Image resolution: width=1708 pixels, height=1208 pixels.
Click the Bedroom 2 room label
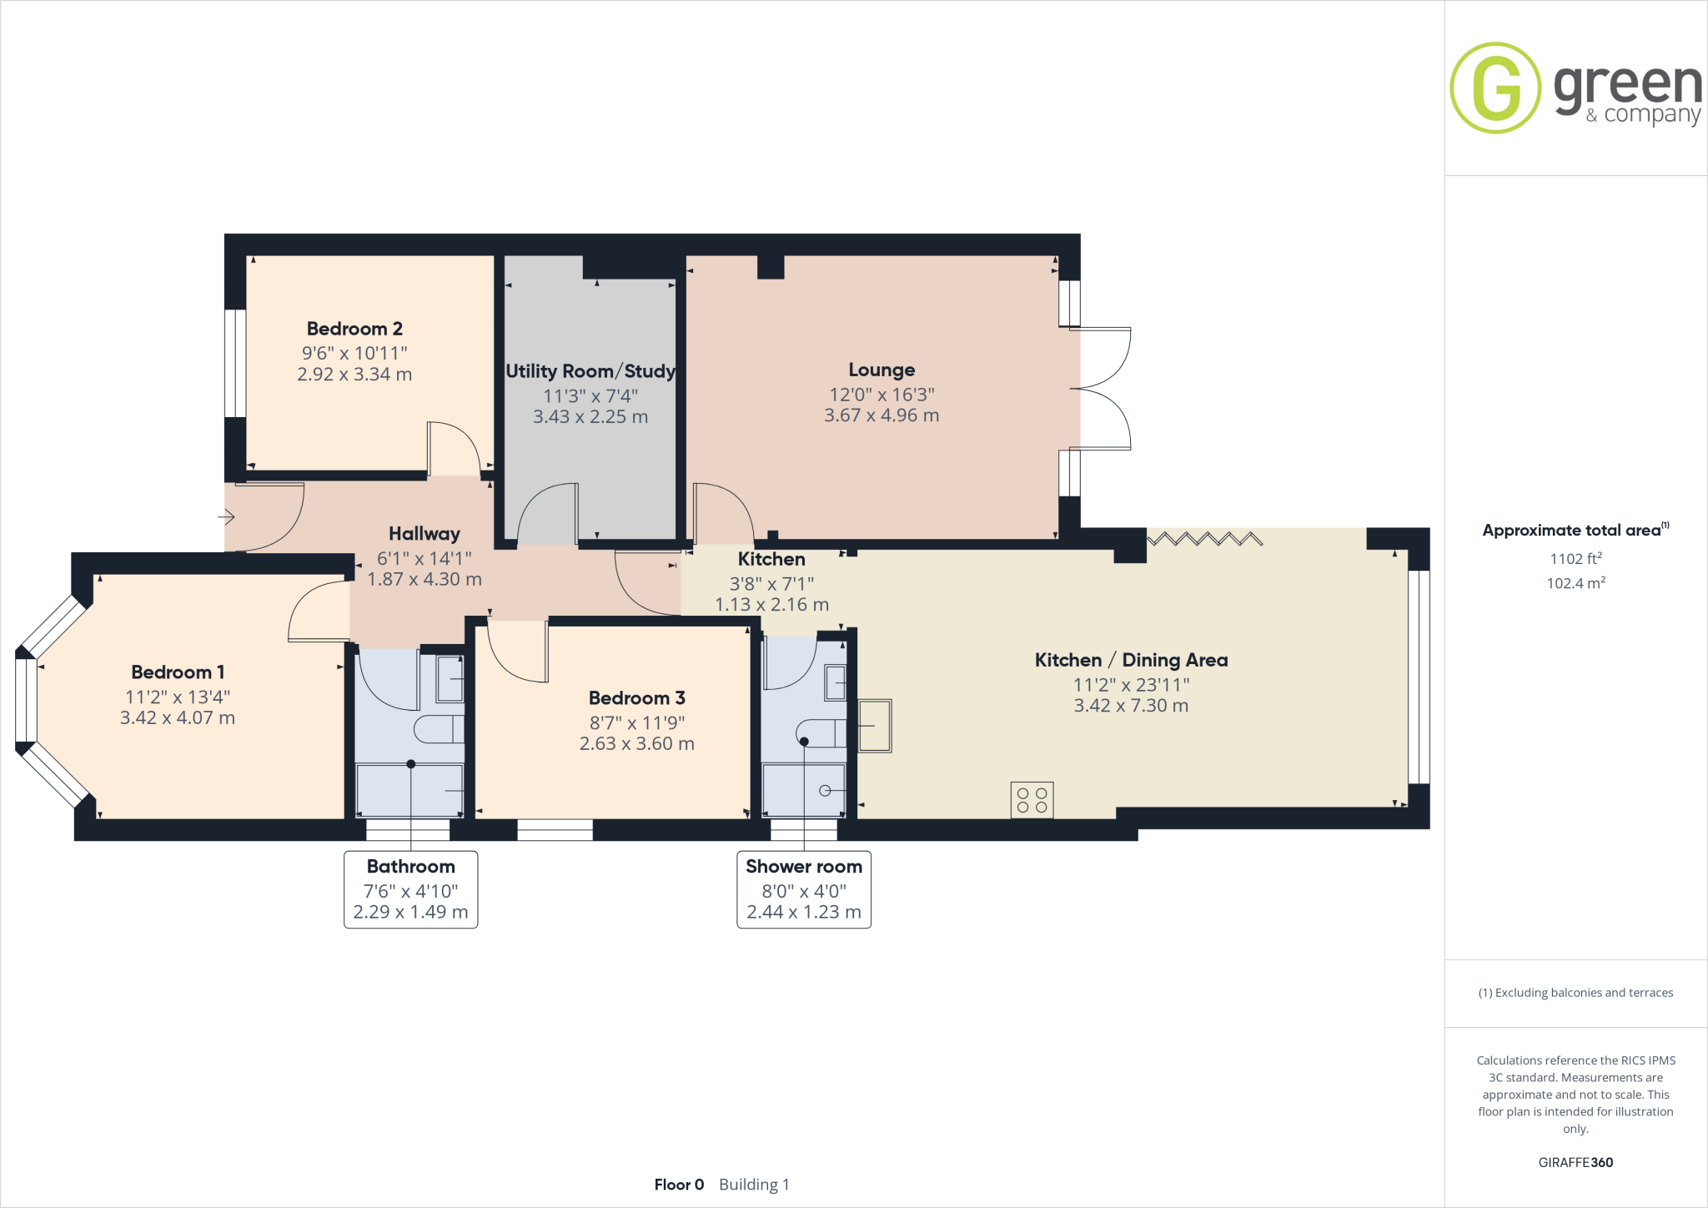[354, 329]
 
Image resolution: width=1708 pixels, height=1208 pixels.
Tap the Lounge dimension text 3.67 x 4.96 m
[882, 415]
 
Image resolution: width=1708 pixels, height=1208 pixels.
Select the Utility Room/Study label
[590, 371]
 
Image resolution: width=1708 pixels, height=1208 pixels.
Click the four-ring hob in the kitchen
[1032, 799]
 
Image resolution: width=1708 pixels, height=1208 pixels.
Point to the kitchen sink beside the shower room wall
[874, 725]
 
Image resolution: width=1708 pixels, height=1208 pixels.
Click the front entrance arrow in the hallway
[227, 517]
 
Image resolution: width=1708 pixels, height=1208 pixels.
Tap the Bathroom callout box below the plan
[410, 889]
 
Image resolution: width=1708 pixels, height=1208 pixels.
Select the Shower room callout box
[803, 889]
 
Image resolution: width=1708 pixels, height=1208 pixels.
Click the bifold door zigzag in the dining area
[1205, 539]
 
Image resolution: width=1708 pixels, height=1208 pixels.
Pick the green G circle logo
[1495, 88]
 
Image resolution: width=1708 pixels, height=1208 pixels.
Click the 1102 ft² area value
[1575, 559]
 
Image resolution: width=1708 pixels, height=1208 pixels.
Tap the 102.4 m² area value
[1575, 583]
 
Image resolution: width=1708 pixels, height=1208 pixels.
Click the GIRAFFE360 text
[1575, 1162]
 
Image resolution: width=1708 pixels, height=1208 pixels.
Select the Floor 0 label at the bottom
[679, 1185]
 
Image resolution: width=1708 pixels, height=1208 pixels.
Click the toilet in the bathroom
[439, 729]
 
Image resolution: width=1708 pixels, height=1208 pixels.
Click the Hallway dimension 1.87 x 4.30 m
[424, 579]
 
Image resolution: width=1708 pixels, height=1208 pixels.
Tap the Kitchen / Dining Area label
[1131, 660]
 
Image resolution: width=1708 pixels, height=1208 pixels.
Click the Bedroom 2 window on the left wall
[235, 363]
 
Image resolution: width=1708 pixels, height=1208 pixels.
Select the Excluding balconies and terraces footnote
[1575, 993]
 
